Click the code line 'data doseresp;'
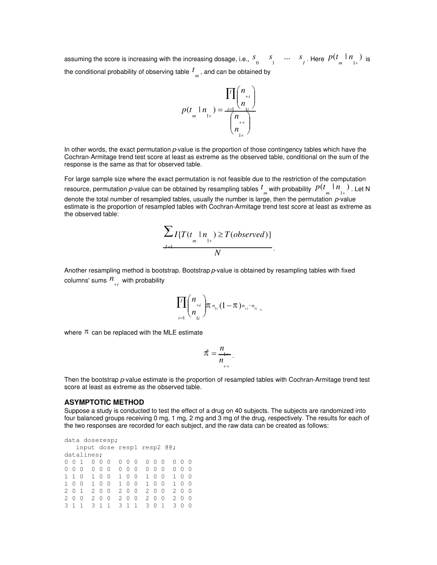click(91, 440)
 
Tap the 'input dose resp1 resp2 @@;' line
click(126, 447)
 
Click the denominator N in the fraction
click(217, 253)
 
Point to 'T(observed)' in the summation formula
click(248, 235)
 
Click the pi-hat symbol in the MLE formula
click(207, 353)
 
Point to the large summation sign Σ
click(168, 232)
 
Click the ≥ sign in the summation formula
click(220, 235)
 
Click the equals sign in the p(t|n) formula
click(220, 110)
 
